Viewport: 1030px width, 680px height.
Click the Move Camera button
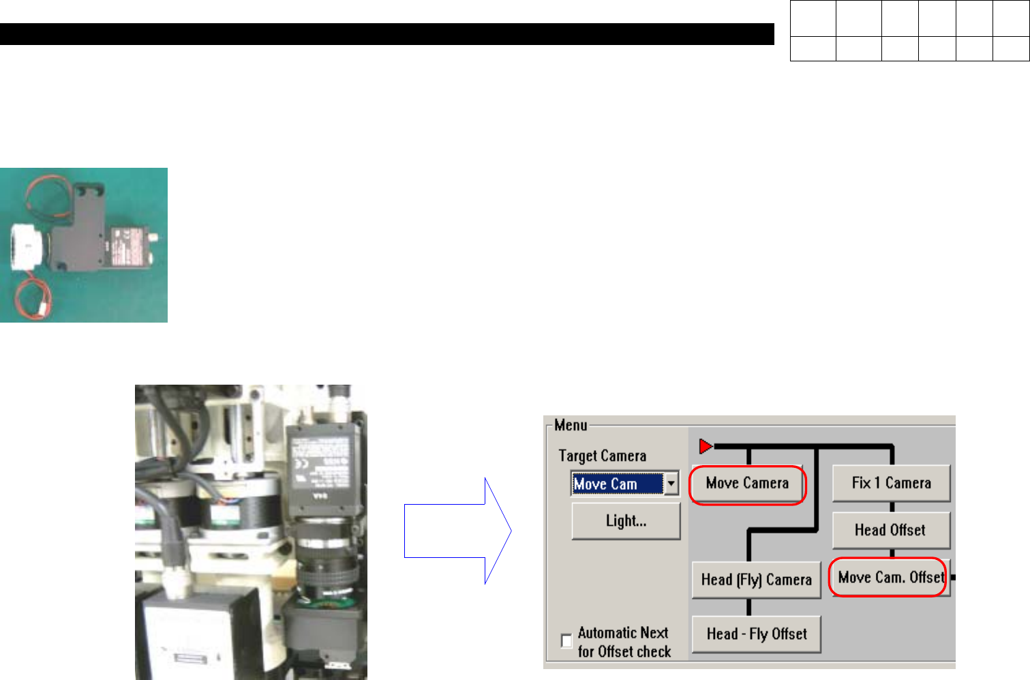tap(747, 484)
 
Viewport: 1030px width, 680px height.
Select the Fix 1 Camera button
tap(891, 484)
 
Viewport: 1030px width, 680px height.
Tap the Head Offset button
tap(890, 531)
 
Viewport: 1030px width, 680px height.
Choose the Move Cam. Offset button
tap(890, 578)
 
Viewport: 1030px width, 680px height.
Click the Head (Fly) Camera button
tap(756, 580)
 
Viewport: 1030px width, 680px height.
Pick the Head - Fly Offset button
tap(756, 634)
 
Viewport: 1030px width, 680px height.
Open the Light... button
tap(626, 522)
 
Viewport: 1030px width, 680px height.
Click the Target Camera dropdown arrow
tap(671, 484)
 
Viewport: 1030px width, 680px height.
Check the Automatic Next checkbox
tap(566, 641)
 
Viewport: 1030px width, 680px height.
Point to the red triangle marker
tap(706, 447)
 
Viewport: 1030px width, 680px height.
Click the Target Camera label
tap(602, 456)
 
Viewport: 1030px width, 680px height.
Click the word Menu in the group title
tap(571, 426)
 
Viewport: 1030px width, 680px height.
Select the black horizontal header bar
tap(387, 34)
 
